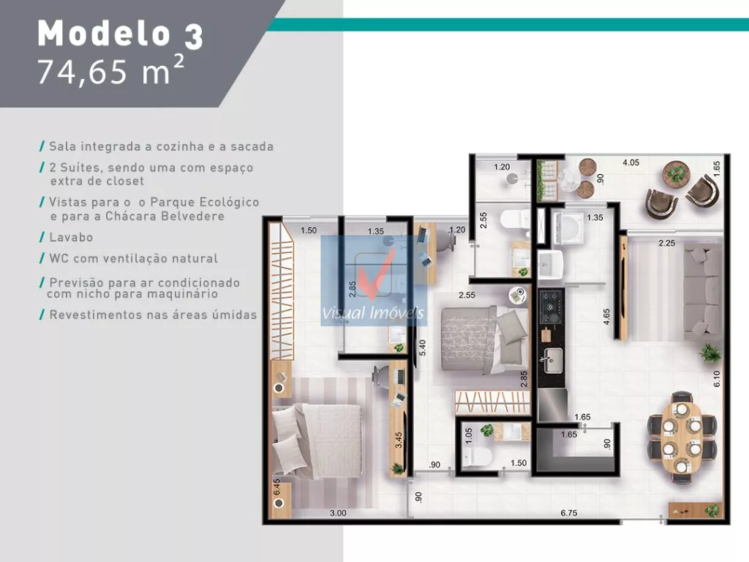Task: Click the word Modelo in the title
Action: (104, 34)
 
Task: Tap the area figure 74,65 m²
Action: (110, 70)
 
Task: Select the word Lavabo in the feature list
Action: (71, 237)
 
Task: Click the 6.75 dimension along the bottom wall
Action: (568, 513)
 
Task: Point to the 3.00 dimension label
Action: (338, 513)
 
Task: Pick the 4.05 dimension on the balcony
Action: (631, 162)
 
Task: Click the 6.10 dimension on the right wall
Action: (717, 378)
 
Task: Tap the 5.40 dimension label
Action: (422, 348)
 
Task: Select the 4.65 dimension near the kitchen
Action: (606, 317)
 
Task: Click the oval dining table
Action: (682, 437)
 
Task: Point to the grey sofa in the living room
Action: (703, 291)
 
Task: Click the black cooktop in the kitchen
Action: (552, 307)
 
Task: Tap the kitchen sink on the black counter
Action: (553, 360)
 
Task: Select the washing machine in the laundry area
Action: (568, 228)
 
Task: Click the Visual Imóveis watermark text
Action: (372, 313)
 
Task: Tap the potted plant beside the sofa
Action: (710, 353)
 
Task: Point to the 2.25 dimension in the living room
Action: (667, 243)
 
